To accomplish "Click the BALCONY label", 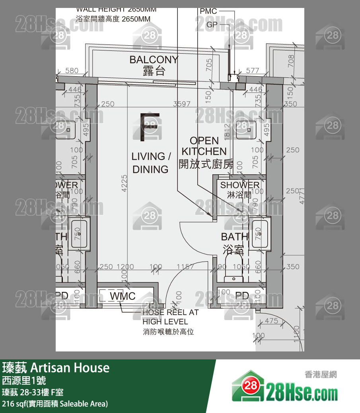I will pos(154,60).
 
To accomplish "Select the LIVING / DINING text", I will pos(151,162).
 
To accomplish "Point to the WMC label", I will pos(123,296).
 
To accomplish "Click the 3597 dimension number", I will pos(182,104).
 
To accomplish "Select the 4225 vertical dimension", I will pos(125,183).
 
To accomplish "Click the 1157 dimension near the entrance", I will pos(185,267).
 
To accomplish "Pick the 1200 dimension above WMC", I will pos(125,267).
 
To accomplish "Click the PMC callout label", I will pos(208,11).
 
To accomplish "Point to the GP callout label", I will pos(212,25).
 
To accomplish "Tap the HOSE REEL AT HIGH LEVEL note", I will pos(170,317).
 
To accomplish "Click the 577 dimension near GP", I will pos(252,71).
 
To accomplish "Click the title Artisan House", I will pos(56,367).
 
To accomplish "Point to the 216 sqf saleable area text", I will pos(55,404).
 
